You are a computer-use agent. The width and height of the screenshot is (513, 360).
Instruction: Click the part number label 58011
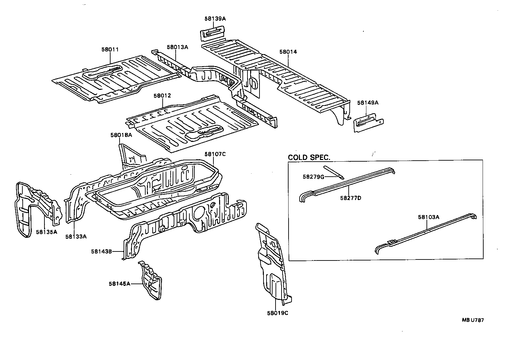tap(110, 49)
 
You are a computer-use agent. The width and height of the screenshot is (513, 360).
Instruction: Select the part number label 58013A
tap(177, 47)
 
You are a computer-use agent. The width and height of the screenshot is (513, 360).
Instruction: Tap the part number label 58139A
tap(215, 19)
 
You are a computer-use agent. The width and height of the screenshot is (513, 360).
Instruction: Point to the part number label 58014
tap(288, 52)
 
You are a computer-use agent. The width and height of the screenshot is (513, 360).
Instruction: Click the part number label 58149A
tap(368, 103)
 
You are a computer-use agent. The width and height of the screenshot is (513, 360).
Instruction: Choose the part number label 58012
tap(162, 96)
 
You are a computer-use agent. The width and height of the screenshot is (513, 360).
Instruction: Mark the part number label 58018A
tap(121, 135)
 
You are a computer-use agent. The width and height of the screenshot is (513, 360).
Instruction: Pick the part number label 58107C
tap(215, 154)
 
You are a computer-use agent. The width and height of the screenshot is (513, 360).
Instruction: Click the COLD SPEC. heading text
tap(309, 157)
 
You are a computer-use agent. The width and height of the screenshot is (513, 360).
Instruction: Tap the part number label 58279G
tap(314, 177)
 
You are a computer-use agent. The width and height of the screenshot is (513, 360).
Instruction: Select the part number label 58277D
tap(351, 198)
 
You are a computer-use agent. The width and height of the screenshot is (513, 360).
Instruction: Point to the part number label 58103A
tap(429, 217)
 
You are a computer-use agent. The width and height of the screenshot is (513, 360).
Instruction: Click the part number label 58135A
tap(46, 232)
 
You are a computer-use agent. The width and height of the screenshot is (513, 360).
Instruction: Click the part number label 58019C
tap(277, 313)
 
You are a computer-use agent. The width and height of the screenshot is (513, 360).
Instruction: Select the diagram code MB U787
tap(473, 320)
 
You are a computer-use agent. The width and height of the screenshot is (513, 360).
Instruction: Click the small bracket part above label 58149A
tap(368, 122)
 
